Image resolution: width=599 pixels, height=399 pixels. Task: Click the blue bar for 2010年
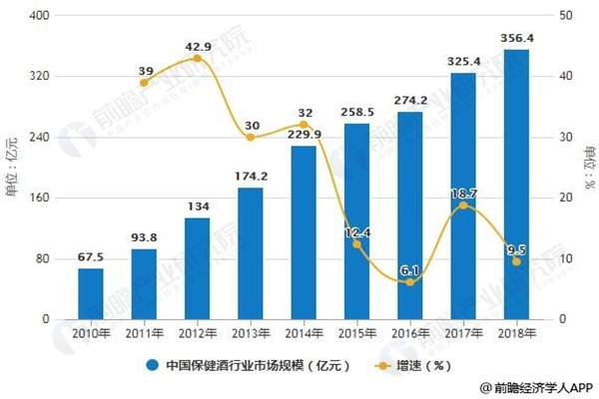click(x=91, y=293)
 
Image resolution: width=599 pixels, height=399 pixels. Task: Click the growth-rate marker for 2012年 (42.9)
click(x=197, y=59)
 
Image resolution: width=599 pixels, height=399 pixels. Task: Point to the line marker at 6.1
click(x=410, y=282)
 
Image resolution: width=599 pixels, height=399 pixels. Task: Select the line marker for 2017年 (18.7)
click(x=463, y=205)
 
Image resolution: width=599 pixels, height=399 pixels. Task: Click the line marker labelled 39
click(x=144, y=82)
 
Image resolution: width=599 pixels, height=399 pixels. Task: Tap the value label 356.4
click(x=516, y=39)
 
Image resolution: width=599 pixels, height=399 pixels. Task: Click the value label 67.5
click(x=91, y=257)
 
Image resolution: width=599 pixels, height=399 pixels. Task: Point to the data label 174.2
click(x=251, y=177)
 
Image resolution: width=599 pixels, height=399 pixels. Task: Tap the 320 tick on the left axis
click(x=43, y=77)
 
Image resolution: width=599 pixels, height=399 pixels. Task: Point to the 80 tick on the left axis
click(x=45, y=258)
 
